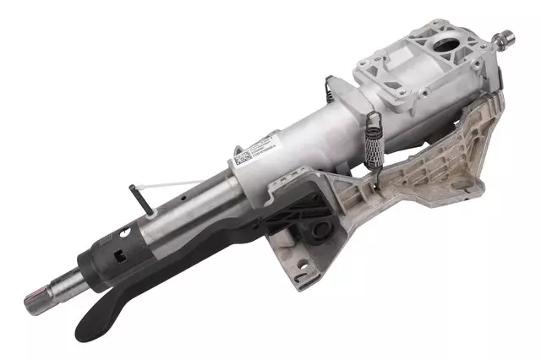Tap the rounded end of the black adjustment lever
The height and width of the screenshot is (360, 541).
88,336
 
